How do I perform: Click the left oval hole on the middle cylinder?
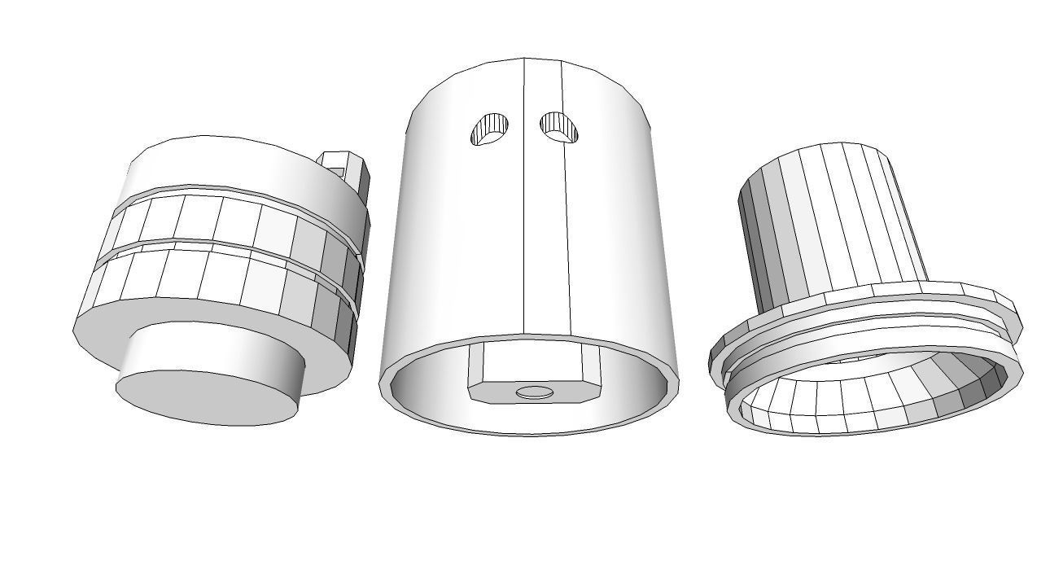[x=490, y=129]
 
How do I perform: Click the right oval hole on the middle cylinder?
[x=559, y=126]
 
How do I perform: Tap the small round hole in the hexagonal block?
[x=535, y=392]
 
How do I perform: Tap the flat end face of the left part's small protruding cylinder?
[x=208, y=398]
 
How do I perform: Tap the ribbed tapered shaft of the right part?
[x=830, y=220]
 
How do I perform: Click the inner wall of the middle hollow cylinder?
[x=635, y=383]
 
